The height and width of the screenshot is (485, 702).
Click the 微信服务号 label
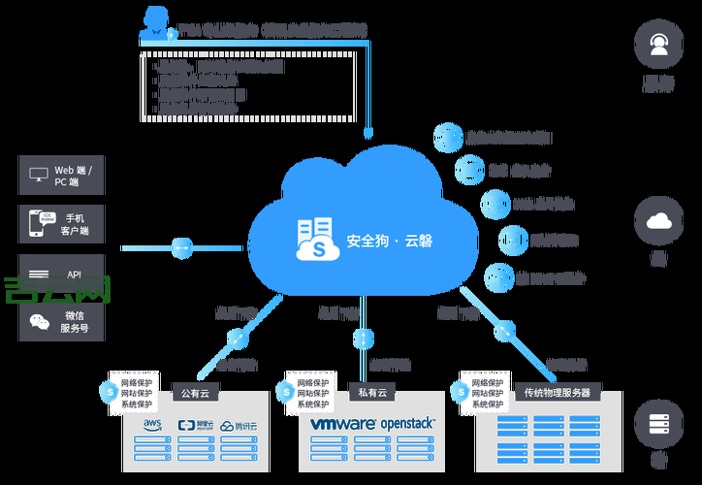pyautogui.click(x=76, y=322)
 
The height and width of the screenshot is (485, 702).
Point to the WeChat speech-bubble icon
pyautogui.click(x=39, y=322)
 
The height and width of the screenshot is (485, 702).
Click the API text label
pyautogui.click(x=75, y=275)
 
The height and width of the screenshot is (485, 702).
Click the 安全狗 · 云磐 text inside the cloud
pyautogui.click(x=389, y=240)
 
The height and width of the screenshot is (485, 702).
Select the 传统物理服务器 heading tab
pyautogui.click(x=557, y=393)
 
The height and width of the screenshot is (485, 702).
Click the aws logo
pyautogui.click(x=152, y=425)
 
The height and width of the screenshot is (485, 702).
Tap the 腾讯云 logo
pyautogui.click(x=240, y=425)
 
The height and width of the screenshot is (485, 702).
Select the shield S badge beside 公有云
pyautogui.click(x=109, y=391)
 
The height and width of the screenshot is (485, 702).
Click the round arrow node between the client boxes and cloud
pyautogui.click(x=181, y=248)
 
